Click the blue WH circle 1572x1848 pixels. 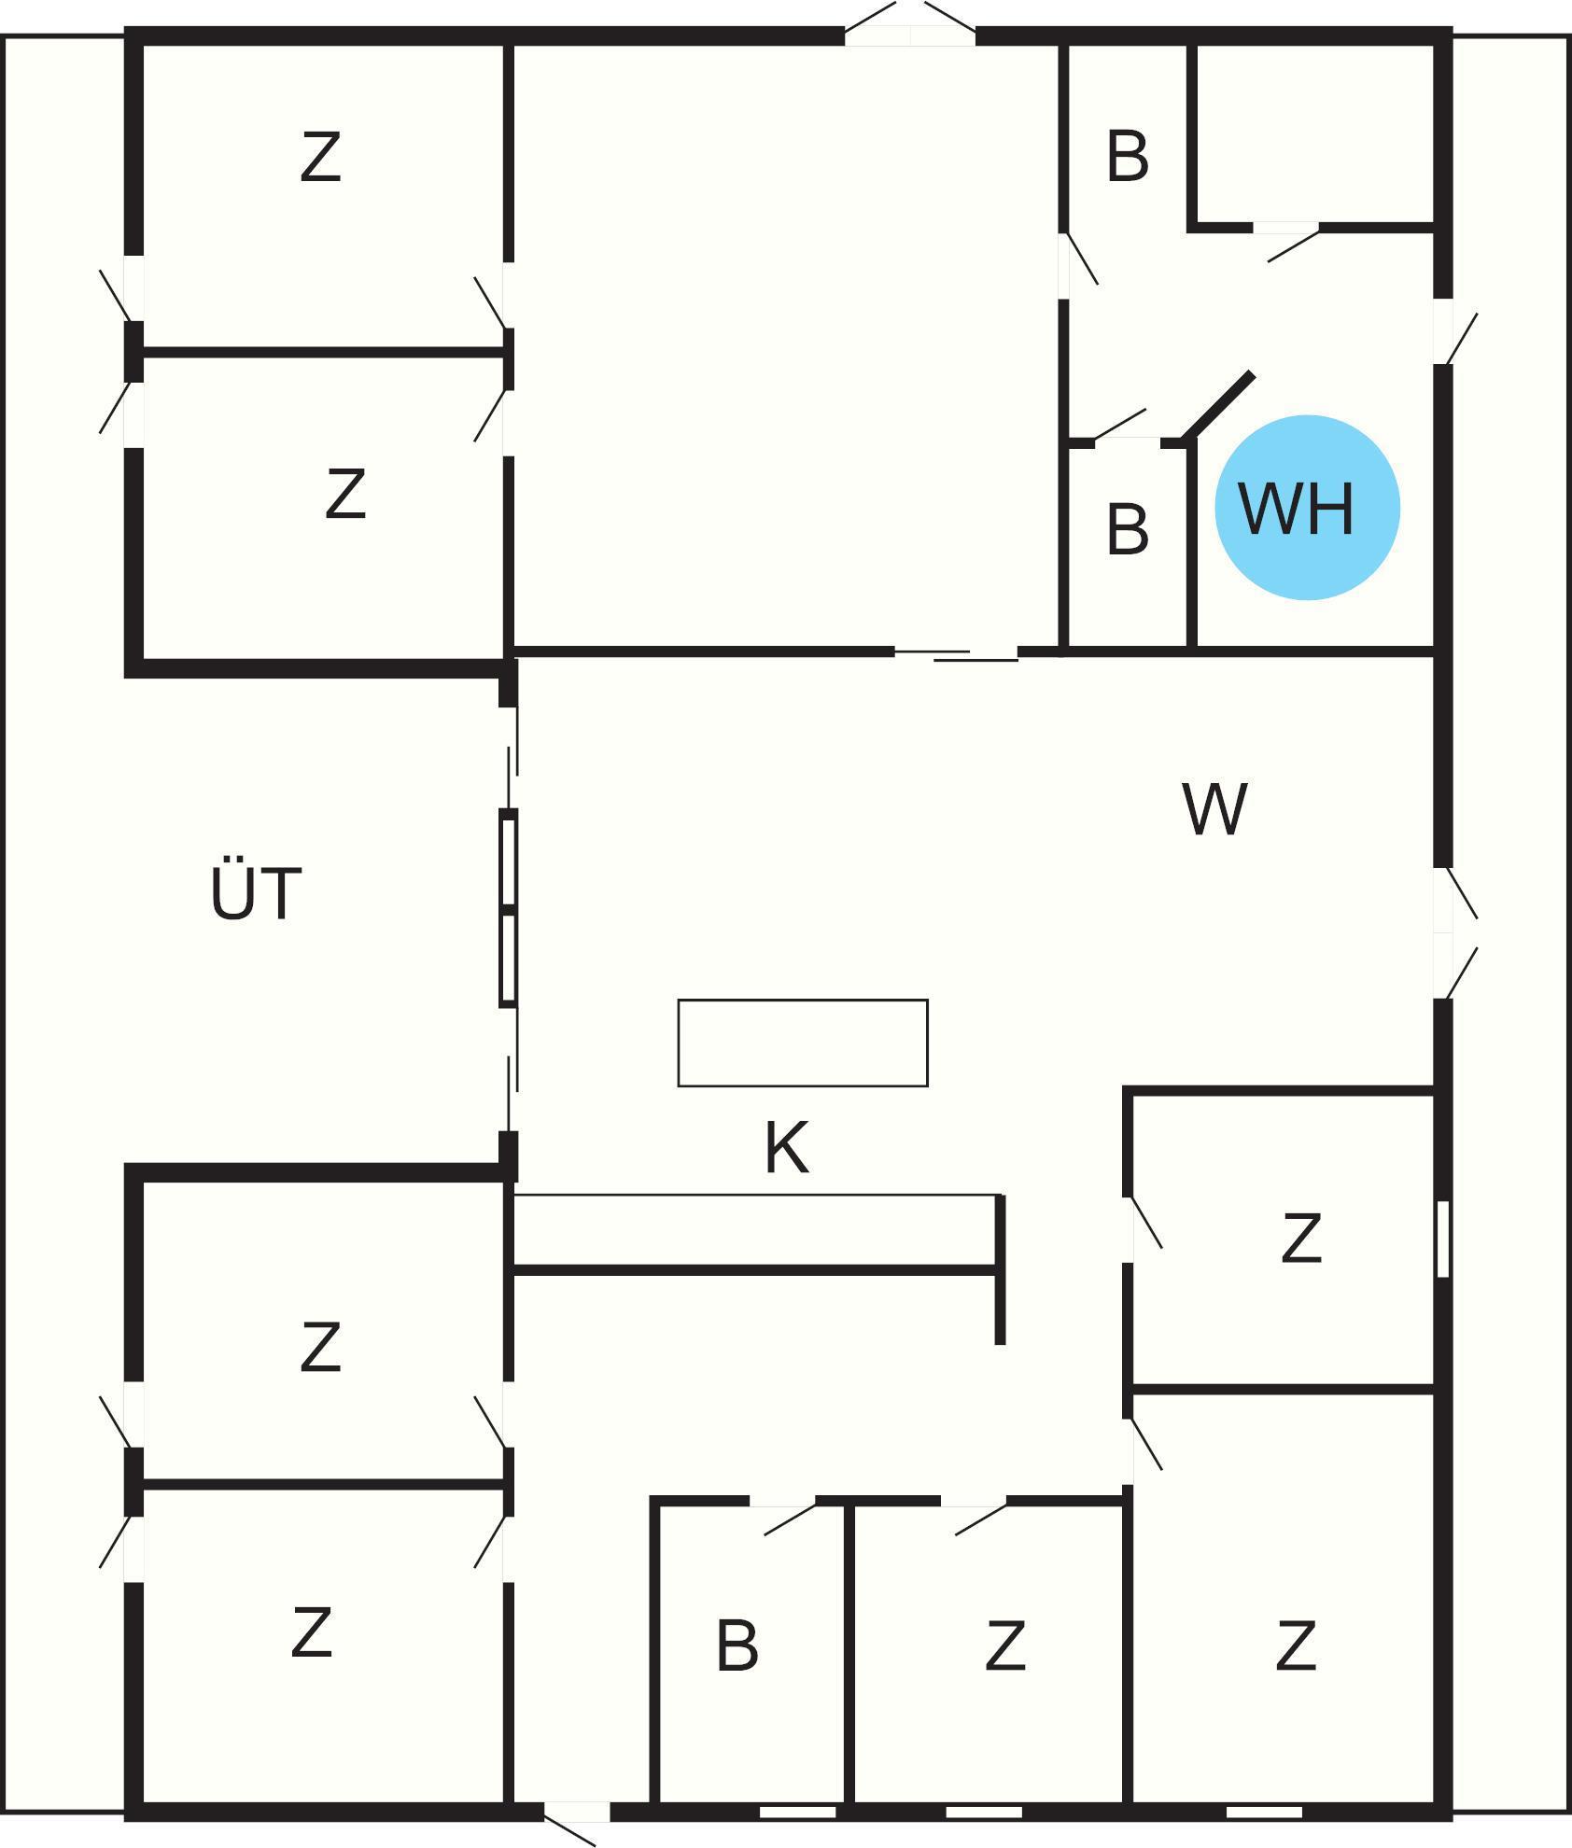[1307, 507]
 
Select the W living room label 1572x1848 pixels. [1214, 809]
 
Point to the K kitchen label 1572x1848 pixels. [786, 1148]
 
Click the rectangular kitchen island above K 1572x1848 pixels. [803, 1043]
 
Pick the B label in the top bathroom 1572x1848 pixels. [1127, 157]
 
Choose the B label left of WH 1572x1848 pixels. [1127, 529]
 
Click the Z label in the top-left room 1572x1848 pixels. [320, 157]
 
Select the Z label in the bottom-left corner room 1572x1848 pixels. [311, 1632]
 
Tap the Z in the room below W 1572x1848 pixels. [1301, 1238]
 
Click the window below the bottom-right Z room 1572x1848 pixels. [1263, 1812]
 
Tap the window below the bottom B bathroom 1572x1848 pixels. [797, 1812]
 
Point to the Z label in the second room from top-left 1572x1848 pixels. [345, 494]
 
